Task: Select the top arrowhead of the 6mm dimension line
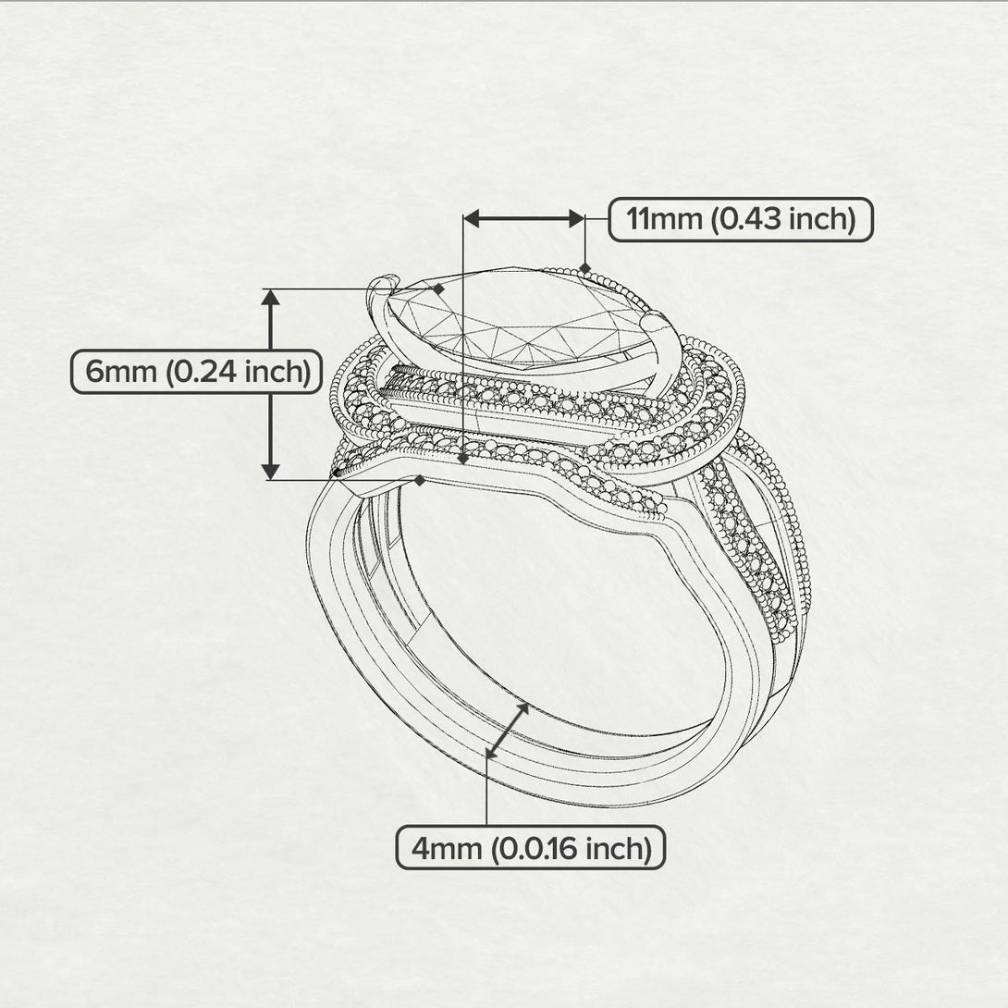pos(270,297)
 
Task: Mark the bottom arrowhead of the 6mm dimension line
pos(270,471)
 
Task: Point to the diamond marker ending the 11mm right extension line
pos(584,268)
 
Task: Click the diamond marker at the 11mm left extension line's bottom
pos(462,458)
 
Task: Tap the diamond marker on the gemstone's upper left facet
pos(438,289)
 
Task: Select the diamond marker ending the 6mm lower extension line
pos(420,480)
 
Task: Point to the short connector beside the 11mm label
pos(596,220)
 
